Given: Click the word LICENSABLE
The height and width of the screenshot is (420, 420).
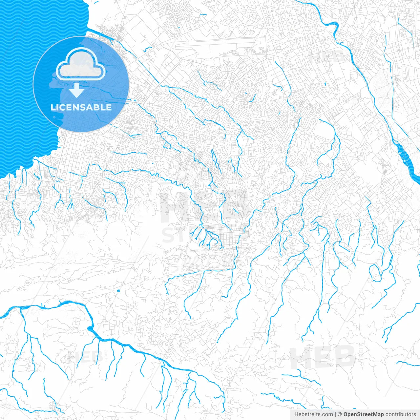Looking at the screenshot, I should pyautogui.click(x=81, y=108).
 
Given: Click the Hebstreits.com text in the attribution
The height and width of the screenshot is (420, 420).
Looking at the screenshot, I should pyautogui.click(x=313, y=414).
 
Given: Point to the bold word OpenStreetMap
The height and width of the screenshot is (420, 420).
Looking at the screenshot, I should pyautogui.click(x=364, y=414).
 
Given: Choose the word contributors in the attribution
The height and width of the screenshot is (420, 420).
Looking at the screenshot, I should pyautogui.click(x=401, y=414).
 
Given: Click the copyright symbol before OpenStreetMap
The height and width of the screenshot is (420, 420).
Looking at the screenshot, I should pyautogui.click(x=340, y=414).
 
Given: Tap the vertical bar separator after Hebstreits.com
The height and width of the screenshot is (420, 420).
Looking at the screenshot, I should pyautogui.click(x=335, y=414).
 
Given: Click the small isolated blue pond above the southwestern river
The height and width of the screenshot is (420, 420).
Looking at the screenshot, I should pyautogui.click(x=118, y=291).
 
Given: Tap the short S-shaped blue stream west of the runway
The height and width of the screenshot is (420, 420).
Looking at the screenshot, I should pyautogui.click(x=148, y=49).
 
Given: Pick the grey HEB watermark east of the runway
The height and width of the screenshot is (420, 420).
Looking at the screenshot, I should pyautogui.click(x=328, y=57).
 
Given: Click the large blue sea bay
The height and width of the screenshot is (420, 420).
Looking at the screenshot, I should pyautogui.click(x=23, y=82).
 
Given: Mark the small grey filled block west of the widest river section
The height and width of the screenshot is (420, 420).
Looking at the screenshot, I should pyautogui.click(x=385, y=171).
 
